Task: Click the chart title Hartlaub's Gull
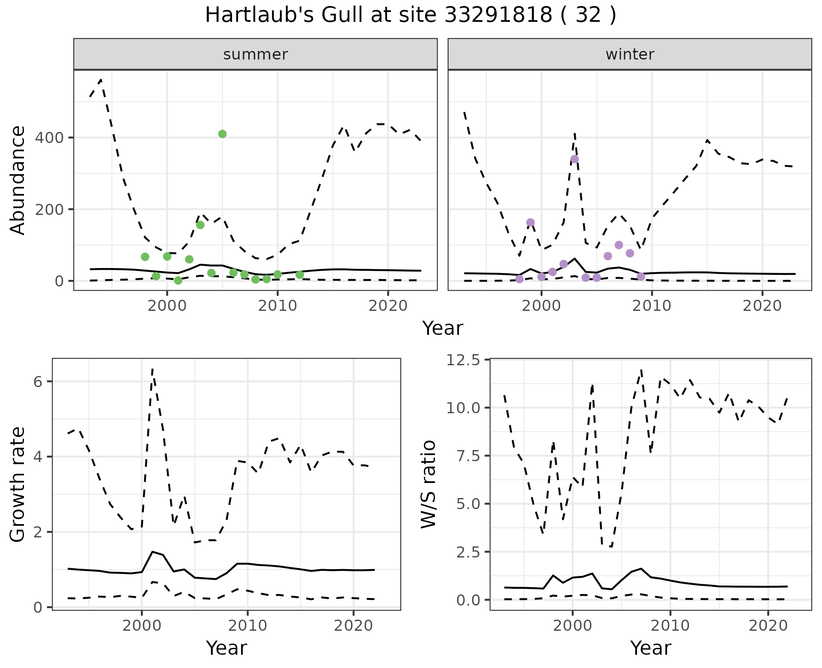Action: click(x=410, y=15)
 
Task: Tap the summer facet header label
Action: click(x=256, y=54)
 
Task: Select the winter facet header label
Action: click(x=630, y=54)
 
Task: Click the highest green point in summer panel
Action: click(x=222, y=134)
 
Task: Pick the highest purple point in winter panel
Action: click(x=575, y=159)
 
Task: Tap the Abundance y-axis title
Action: click(x=18, y=180)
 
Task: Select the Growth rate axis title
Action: click(x=18, y=484)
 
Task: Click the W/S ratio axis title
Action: click(x=429, y=484)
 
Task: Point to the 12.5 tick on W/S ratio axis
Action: click(x=464, y=360)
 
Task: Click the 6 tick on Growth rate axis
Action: click(x=38, y=382)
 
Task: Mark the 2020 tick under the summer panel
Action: click(x=388, y=306)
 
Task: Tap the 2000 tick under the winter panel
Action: click(x=542, y=306)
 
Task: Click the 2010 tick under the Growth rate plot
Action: click(x=247, y=626)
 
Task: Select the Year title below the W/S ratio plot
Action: click(x=650, y=648)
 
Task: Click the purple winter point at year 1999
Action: click(x=530, y=222)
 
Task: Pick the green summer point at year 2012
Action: click(x=300, y=275)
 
